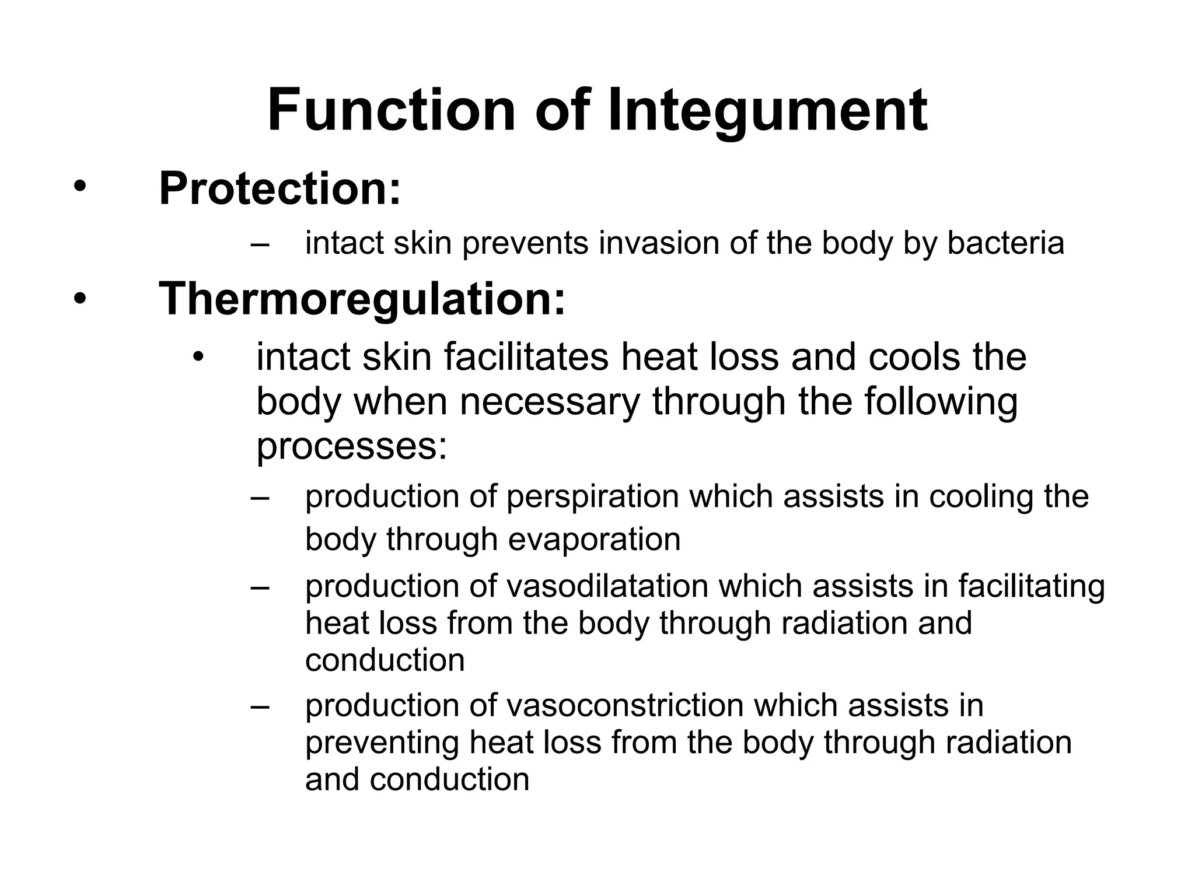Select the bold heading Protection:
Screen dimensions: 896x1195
click(280, 188)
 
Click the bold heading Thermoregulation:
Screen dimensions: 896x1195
click(362, 299)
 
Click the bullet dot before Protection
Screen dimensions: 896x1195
click(79, 188)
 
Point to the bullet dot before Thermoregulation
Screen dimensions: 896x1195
click(79, 299)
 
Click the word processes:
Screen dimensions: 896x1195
click(351, 446)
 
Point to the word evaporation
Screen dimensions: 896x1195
click(594, 539)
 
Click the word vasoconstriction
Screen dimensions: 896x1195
click(624, 705)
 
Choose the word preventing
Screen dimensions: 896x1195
click(382, 743)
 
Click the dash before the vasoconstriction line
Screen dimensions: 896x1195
click(260, 706)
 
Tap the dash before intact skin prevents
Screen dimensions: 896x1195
click(260, 244)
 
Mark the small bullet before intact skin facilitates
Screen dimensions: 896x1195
click(199, 357)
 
